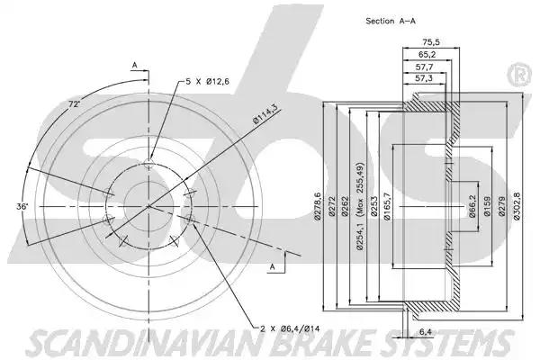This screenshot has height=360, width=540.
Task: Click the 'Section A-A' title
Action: (391, 21)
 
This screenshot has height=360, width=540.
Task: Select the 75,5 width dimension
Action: (431, 42)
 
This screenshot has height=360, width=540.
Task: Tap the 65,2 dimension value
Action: (427, 54)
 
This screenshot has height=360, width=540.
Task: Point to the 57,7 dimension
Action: (424, 67)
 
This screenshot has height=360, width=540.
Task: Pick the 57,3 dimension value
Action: (424, 78)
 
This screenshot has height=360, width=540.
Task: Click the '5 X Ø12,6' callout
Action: (207, 82)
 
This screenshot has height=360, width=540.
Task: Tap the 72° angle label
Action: (74, 103)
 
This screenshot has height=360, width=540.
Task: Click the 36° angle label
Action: (22, 207)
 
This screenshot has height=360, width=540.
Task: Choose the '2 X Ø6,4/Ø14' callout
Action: (290, 329)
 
